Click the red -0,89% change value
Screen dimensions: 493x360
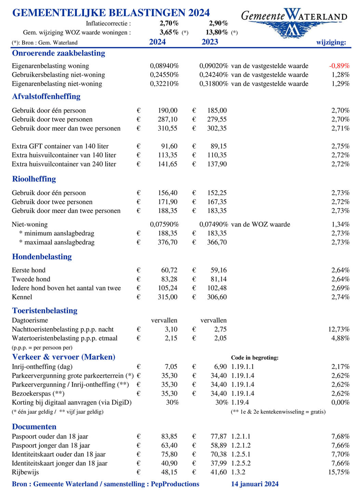point(339,66)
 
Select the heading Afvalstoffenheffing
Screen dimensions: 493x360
point(46,96)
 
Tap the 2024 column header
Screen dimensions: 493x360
point(157,42)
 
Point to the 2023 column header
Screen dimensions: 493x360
point(210,42)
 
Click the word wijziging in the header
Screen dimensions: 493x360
point(331,42)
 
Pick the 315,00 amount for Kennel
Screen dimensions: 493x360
point(168,297)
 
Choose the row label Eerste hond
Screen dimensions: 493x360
point(28,270)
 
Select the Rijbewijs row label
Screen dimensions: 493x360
point(25,472)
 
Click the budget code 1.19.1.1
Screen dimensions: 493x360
point(242,367)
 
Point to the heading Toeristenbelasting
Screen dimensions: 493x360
point(45,311)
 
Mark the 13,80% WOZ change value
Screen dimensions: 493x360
point(217,33)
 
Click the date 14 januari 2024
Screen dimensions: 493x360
point(255,484)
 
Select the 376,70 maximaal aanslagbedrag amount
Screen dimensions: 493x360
point(168,242)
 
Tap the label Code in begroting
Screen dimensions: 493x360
point(255,358)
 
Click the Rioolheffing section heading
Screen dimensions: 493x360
point(34,179)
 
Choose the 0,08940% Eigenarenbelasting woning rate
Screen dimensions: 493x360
point(164,66)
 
